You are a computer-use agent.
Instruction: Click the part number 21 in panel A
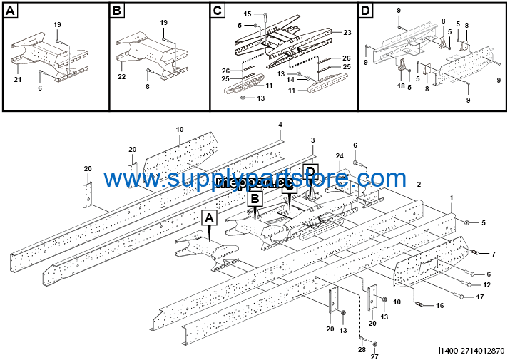pos(18,80)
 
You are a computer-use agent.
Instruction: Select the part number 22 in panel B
pos(122,76)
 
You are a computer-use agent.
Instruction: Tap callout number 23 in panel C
pos(347,33)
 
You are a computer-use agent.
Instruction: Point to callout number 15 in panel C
pos(248,14)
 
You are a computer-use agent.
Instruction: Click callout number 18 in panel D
pos(401,86)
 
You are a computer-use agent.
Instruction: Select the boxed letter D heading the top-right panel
pos(366,11)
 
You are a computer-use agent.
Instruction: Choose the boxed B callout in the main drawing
pos(255,200)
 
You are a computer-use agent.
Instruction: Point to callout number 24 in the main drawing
pos(340,155)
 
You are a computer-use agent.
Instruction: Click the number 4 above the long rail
pos(280,125)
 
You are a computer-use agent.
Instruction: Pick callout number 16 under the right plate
pos(439,305)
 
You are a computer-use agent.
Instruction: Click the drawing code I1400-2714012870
pos(472,350)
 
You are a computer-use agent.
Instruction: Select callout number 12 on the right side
pos(487,285)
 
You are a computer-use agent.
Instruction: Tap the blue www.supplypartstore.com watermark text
pos(254,178)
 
